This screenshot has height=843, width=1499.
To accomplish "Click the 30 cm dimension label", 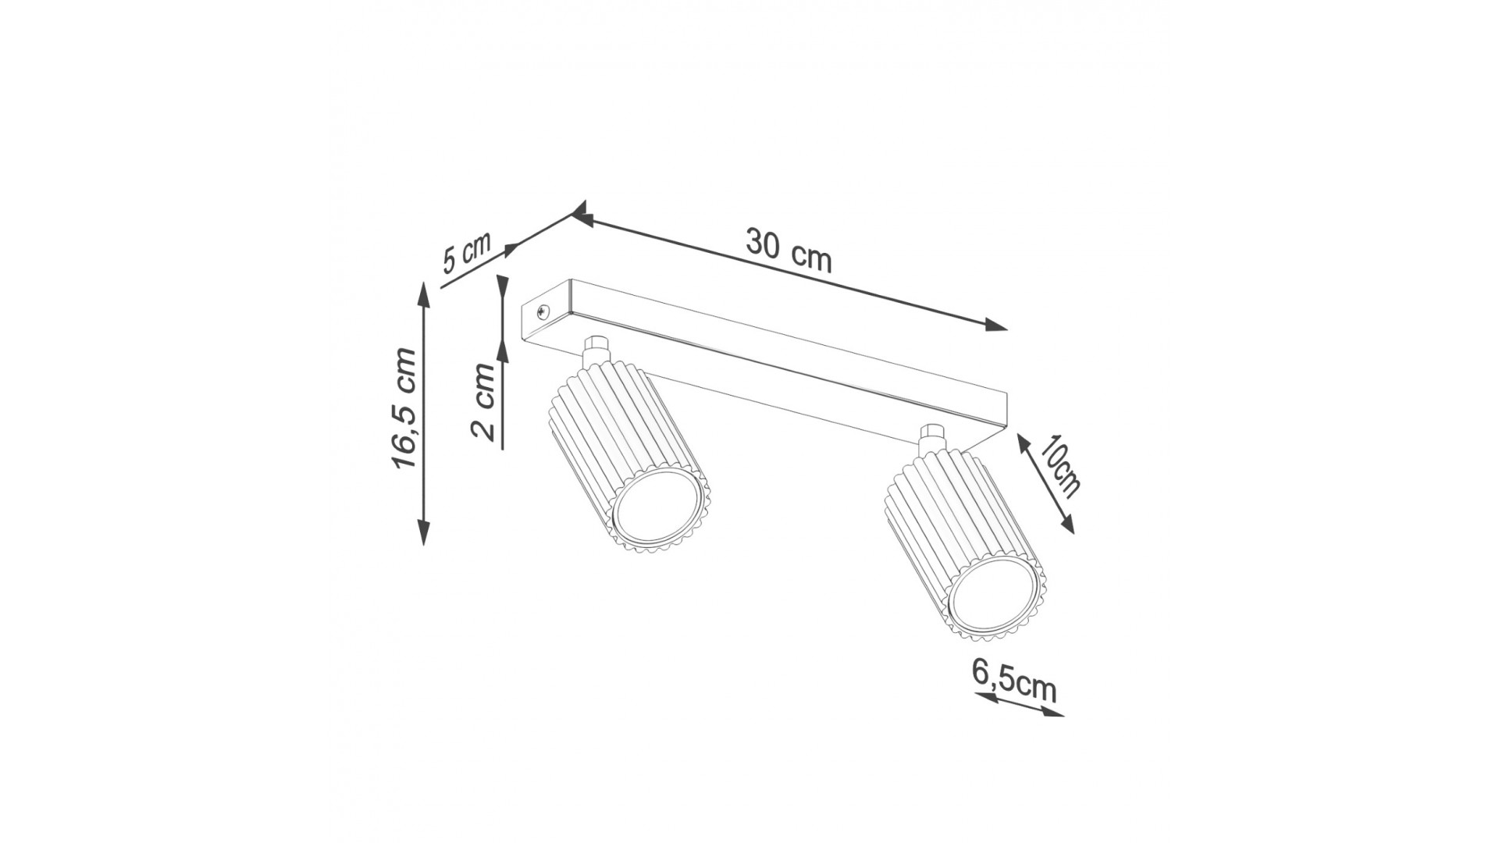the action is (x=789, y=251).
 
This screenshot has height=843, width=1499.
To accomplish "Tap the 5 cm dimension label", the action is (x=467, y=251).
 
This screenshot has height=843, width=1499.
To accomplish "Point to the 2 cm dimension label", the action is (x=485, y=402).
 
